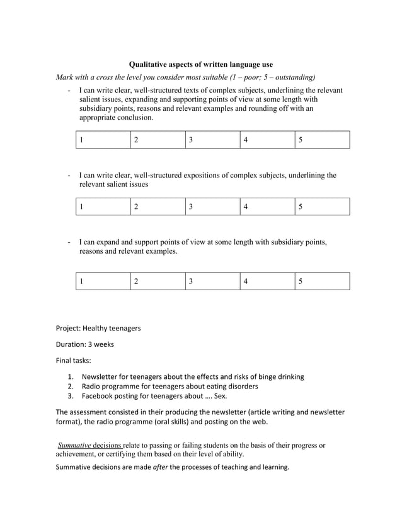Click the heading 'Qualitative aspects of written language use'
click(200, 65)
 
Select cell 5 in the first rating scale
click(321, 140)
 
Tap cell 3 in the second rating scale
click(213, 206)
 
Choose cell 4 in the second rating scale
click(267, 206)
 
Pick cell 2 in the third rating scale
click(159, 281)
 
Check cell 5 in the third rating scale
click(321, 281)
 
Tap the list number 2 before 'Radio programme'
click(71, 387)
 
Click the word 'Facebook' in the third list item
click(99, 397)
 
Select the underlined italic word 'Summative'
click(74, 446)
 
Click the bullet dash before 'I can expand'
click(69, 242)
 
